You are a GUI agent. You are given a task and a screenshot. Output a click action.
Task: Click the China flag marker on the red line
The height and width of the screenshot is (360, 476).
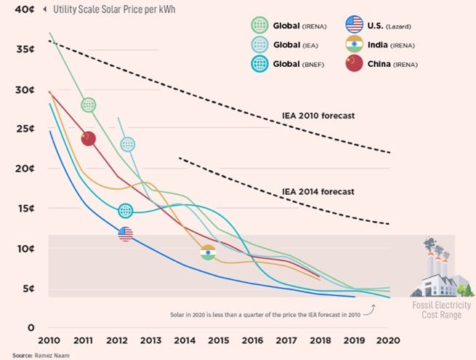[x=89, y=138]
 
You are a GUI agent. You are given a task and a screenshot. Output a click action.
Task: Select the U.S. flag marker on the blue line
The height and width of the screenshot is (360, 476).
[x=125, y=233]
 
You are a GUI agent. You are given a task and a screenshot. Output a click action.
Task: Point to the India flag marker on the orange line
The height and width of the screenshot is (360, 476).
[x=208, y=252]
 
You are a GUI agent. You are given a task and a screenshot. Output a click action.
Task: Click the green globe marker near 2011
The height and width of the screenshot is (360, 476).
[x=89, y=105]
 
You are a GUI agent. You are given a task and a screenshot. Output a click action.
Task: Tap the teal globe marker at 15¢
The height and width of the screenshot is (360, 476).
[x=125, y=211]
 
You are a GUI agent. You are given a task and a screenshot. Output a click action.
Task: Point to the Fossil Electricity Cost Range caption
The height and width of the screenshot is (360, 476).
[x=438, y=311]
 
